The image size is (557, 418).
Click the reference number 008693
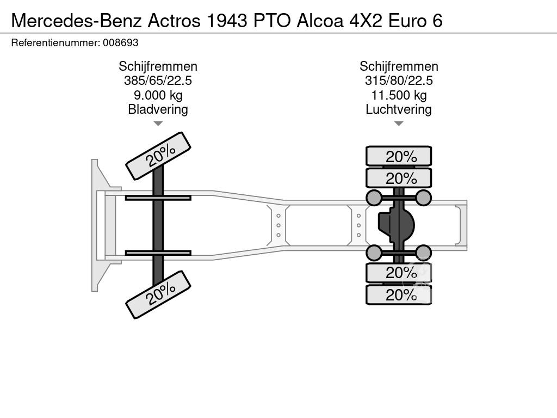[120, 43]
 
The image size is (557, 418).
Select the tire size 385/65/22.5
[158, 81]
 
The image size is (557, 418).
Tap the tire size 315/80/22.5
[399, 81]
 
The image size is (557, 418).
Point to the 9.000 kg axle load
[158, 95]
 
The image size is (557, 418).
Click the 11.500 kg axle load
[399, 95]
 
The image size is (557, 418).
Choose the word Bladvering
[158, 109]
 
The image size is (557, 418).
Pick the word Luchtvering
[399, 109]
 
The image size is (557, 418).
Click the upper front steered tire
[158, 156]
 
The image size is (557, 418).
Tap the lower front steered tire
[158, 294]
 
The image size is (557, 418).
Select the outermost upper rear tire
[399, 156]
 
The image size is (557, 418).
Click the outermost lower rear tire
[399, 294]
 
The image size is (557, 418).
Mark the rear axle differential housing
[396, 225]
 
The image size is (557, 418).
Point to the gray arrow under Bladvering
[158, 124]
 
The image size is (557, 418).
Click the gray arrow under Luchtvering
[399, 124]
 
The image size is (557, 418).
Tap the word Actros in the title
[174, 21]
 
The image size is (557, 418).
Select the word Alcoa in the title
[320, 21]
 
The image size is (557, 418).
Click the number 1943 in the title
[227, 21]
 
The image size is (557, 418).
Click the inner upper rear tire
[399, 178]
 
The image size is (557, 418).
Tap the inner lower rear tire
[399, 273]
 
